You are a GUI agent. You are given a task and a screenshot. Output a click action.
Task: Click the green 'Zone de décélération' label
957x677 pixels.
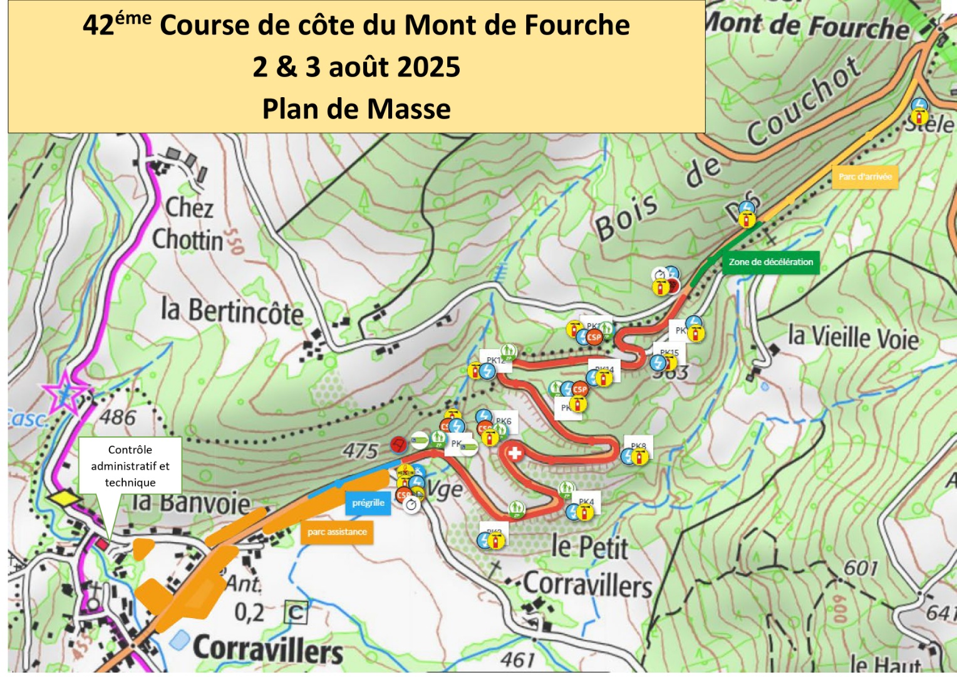(x=770, y=262)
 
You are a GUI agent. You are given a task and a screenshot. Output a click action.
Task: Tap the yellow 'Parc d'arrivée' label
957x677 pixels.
(x=865, y=177)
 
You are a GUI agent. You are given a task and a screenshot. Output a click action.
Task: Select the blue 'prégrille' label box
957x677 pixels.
(x=368, y=503)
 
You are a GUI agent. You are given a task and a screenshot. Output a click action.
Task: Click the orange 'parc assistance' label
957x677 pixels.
(x=337, y=532)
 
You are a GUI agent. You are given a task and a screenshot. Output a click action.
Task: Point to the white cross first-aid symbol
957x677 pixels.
(x=514, y=453)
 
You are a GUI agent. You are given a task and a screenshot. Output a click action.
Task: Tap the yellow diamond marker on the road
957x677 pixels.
(x=65, y=498)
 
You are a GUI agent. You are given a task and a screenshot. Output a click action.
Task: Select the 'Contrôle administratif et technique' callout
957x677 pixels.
(x=130, y=466)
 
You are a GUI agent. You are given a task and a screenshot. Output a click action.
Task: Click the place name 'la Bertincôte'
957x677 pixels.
(x=232, y=311)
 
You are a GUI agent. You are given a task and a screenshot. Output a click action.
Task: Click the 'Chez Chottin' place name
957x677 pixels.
(x=188, y=224)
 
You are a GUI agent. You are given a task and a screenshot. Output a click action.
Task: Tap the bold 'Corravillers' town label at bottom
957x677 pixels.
(x=268, y=649)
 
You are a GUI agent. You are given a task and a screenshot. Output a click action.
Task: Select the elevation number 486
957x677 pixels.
(x=118, y=417)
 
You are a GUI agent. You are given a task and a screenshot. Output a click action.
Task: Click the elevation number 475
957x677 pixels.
(x=360, y=451)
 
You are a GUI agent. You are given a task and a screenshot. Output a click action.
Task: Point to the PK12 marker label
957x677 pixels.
(x=495, y=360)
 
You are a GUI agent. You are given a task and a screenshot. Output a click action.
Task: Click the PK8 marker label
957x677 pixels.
(x=638, y=446)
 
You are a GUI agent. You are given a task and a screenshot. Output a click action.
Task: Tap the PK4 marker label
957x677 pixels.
(x=586, y=501)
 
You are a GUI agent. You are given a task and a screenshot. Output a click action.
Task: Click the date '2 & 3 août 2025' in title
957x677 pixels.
(x=356, y=67)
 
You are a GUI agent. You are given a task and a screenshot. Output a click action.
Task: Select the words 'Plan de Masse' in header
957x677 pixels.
(x=356, y=109)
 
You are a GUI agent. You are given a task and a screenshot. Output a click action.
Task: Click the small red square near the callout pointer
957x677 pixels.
(x=101, y=543)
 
